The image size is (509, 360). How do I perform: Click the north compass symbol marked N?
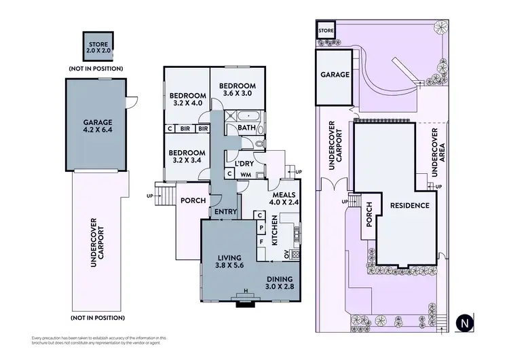click(464, 321)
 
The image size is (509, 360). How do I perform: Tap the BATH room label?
click(246, 128)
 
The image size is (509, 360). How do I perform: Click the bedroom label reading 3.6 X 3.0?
click(237, 90)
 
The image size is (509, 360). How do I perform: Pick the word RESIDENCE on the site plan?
click(409, 205)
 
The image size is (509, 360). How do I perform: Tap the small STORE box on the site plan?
click(326, 31)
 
